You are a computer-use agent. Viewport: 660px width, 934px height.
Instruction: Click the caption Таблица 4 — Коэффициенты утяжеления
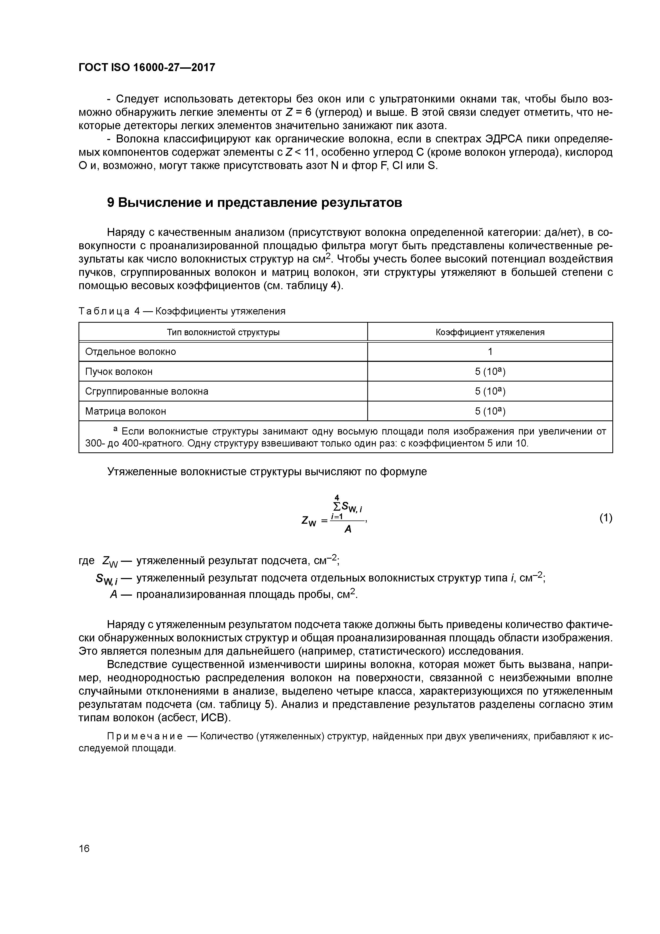point(182,311)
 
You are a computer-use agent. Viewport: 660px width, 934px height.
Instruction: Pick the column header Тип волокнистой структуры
point(223,332)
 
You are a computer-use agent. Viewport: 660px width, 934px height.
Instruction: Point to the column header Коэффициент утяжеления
point(490,332)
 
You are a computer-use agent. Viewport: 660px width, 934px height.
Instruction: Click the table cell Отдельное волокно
point(130,351)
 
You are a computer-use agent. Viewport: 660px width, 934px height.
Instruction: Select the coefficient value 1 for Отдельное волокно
point(490,351)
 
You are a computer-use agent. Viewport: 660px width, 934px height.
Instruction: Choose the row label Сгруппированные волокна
point(147,391)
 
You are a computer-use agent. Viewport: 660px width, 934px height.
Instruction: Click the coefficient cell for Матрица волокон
point(490,411)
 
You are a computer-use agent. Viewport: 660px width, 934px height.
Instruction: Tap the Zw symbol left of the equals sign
point(309,521)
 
